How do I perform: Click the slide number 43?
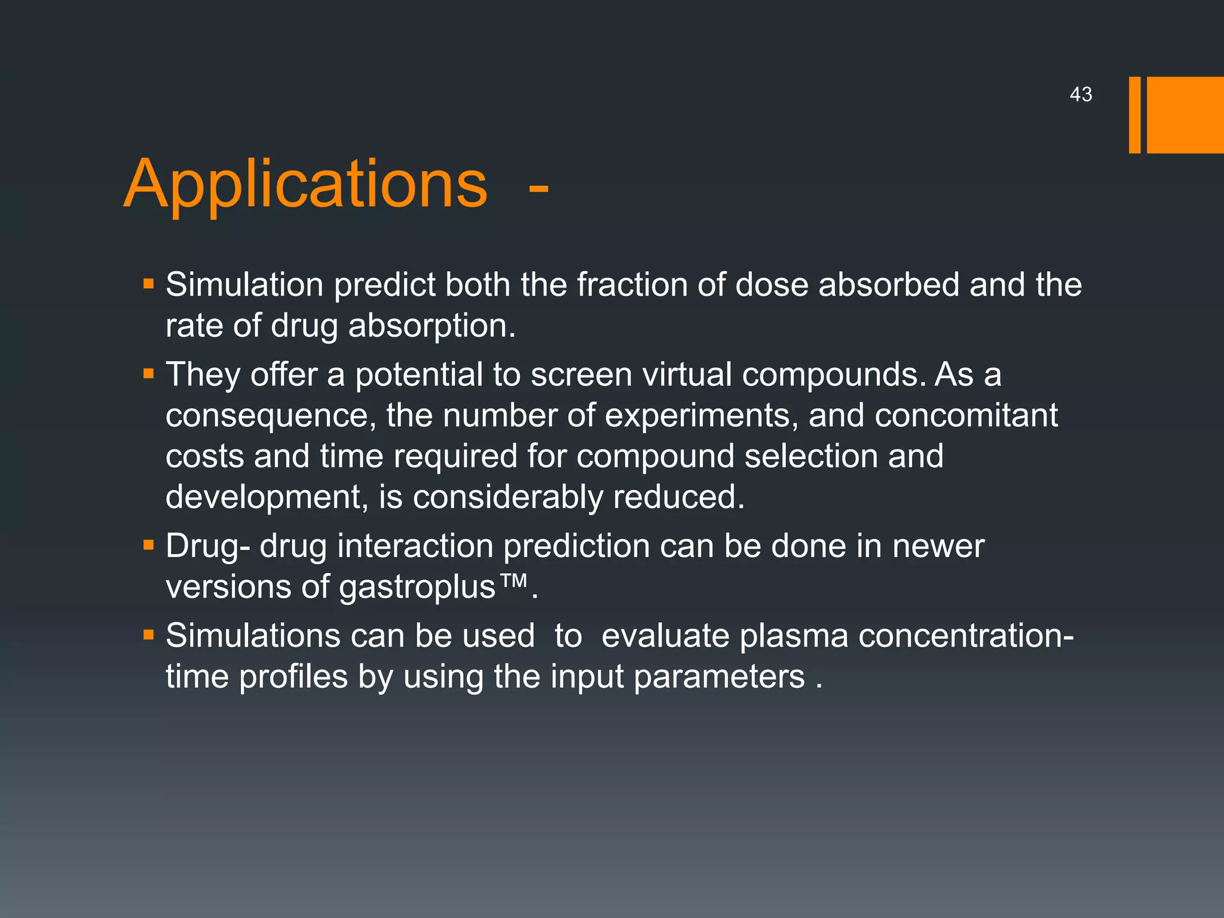(x=1081, y=94)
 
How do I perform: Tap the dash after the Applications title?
(x=538, y=188)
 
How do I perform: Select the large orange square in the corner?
(x=1185, y=115)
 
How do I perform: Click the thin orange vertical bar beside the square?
(x=1134, y=115)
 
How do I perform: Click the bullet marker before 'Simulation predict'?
(x=149, y=283)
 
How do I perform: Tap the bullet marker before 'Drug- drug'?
(x=149, y=545)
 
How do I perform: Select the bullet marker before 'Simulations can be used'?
(x=149, y=635)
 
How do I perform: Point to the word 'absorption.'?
(x=432, y=326)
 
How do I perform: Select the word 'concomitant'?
(x=966, y=415)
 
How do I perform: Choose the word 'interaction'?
(x=415, y=546)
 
